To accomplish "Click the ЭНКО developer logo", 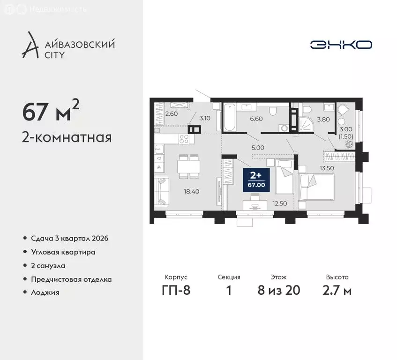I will pyautogui.click(x=341, y=45).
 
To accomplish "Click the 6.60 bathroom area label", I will pyautogui.click(x=256, y=119).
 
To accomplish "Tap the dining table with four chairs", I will pyautogui.click(x=188, y=166).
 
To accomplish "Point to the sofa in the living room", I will pyautogui.click(x=162, y=191).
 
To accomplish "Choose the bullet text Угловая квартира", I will pyautogui.click(x=63, y=252).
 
